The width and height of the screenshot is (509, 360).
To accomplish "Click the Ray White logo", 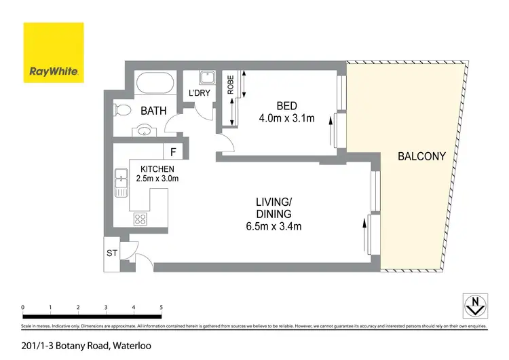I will [x=54, y=52].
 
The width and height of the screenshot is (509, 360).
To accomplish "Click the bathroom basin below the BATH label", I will [x=144, y=130].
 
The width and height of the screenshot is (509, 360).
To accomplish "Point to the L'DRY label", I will [x=200, y=93].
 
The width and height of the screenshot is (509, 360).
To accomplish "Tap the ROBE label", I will [x=231, y=84].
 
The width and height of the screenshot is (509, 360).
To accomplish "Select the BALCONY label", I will [x=421, y=156].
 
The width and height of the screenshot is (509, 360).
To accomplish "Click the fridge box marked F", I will [x=173, y=151].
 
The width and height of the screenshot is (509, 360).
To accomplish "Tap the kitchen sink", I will [x=121, y=183].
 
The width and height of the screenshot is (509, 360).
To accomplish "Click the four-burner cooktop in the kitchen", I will [x=141, y=219].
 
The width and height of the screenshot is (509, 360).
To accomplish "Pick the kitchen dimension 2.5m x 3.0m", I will [x=159, y=179].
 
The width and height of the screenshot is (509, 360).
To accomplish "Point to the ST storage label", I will [x=112, y=253].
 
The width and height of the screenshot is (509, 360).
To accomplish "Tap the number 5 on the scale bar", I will [x=162, y=308].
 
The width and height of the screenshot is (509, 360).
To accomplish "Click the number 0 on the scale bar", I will [x=24, y=308].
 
